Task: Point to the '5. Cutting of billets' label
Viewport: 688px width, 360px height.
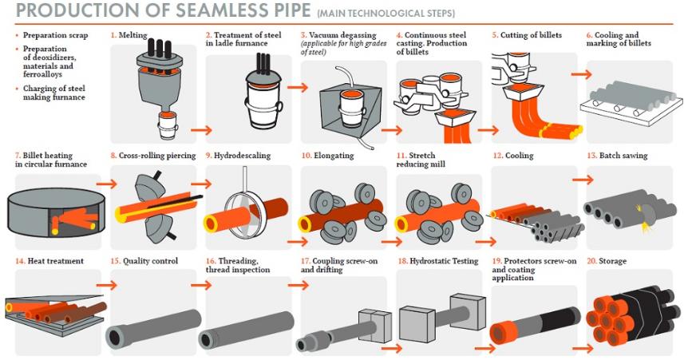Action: point(526,36)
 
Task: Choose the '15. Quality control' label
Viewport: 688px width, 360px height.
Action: point(144,261)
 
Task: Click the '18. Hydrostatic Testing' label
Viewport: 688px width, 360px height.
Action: point(437,261)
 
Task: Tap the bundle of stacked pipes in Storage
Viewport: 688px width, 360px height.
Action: point(626,315)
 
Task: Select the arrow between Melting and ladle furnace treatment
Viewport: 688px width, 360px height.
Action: point(201,129)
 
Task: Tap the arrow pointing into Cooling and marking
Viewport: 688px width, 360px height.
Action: point(582,74)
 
